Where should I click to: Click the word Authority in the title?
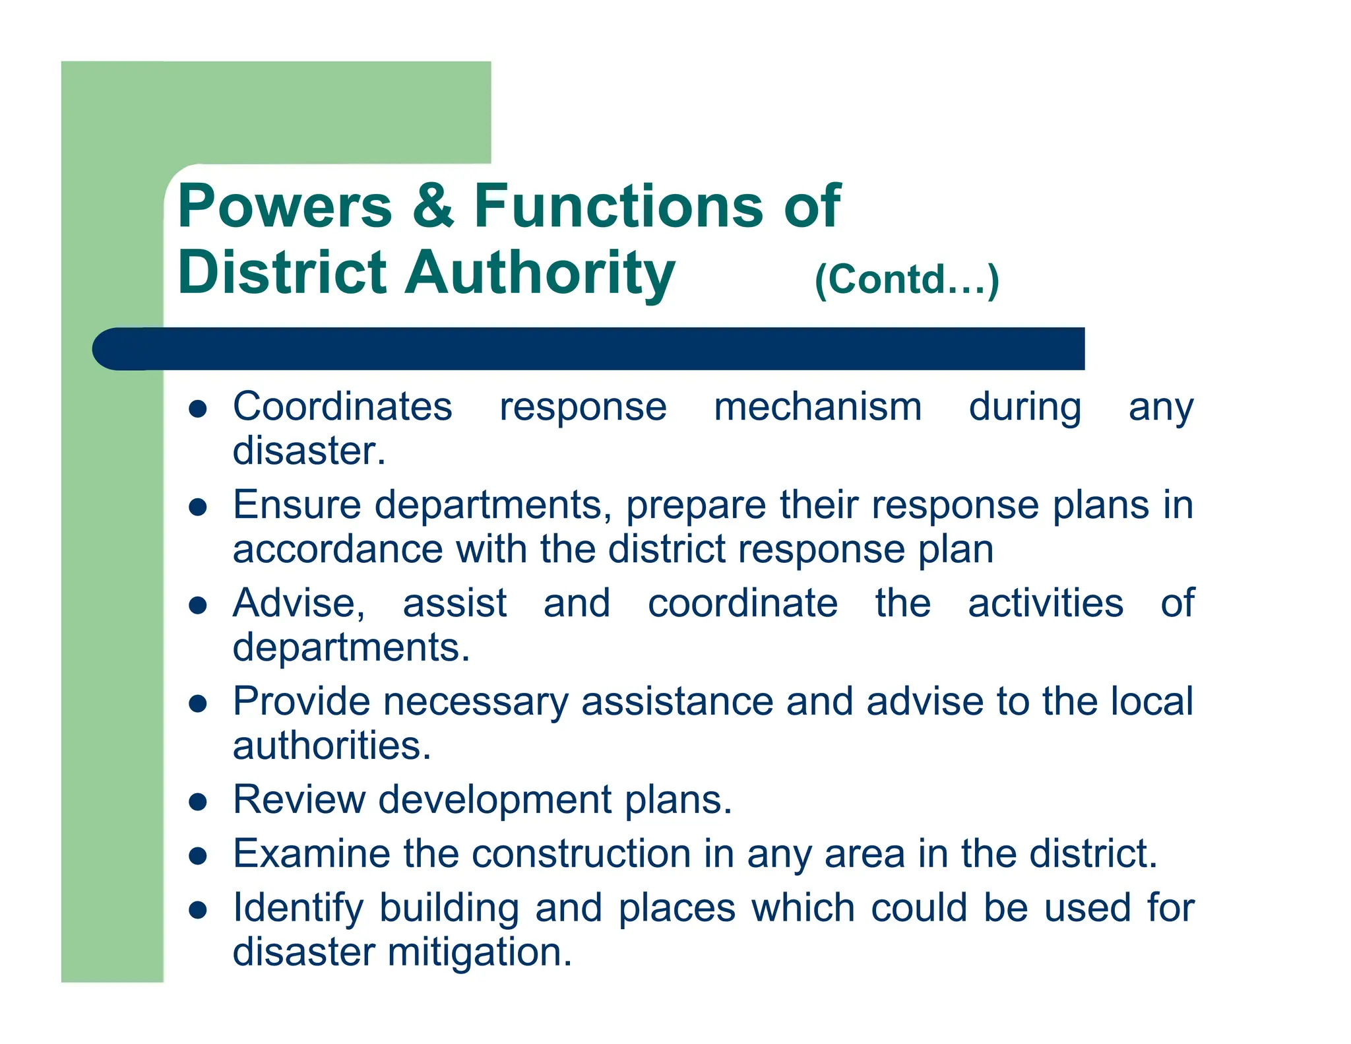pyautogui.click(x=540, y=273)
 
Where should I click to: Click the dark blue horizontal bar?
pyautogui.click(x=587, y=348)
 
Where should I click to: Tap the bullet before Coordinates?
pyautogui.click(x=198, y=409)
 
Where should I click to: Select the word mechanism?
pyautogui.click(x=817, y=407)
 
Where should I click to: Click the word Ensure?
pyautogui.click(x=297, y=505)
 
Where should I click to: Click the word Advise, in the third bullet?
pyautogui.click(x=299, y=603)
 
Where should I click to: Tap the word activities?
pyautogui.click(x=1045, y=603)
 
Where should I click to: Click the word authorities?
pyautogui.click(x=332, y=746)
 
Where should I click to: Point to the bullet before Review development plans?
pyautogui.click(x=198, y=802)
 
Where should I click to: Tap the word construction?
pyautogui.click(x=581, y=853)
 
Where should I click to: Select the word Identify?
pyautogui.click(x=298, y=908)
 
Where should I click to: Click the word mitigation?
pyautogui.click(x=480, y=952)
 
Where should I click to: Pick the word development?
pyautogui.click(x=495, y=800)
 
